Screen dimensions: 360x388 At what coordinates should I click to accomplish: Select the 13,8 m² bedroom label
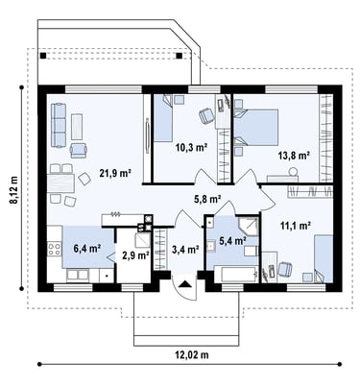[x=294, y=156]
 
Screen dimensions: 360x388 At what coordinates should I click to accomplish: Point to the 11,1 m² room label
[x=296, y=226]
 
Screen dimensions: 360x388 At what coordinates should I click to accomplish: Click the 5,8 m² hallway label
[x=208, y=199]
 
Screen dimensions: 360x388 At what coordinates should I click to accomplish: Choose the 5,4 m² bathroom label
[x=232, y=240]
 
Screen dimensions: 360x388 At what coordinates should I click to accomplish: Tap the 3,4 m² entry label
[x=186, y=250]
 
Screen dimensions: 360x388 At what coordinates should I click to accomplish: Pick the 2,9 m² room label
[x=136, y=255]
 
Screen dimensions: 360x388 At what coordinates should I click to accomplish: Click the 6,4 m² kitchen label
[x=87, y=248]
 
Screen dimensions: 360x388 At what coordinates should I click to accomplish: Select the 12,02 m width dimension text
[x=192, y=354]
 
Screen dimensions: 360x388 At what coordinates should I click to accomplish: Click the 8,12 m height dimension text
[x=14, y=189]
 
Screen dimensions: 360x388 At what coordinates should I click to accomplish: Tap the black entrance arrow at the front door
[x=184, y=284]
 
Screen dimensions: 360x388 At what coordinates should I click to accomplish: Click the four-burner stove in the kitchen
[x=55, y=249]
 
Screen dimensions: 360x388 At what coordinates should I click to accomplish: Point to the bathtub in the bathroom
[x=236, y=274]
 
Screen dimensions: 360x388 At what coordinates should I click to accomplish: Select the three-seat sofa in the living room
[x=59, y=125]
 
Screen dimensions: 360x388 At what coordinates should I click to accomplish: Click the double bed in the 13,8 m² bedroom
[x=256, y=128]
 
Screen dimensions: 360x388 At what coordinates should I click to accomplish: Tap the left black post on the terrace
[x=43, y=56]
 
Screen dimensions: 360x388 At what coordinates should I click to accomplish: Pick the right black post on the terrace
[x=180, y=56]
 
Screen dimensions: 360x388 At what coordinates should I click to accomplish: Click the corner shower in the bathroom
[x=248, y=227]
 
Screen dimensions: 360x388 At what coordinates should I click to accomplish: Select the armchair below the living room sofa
[x=79, y=151]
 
